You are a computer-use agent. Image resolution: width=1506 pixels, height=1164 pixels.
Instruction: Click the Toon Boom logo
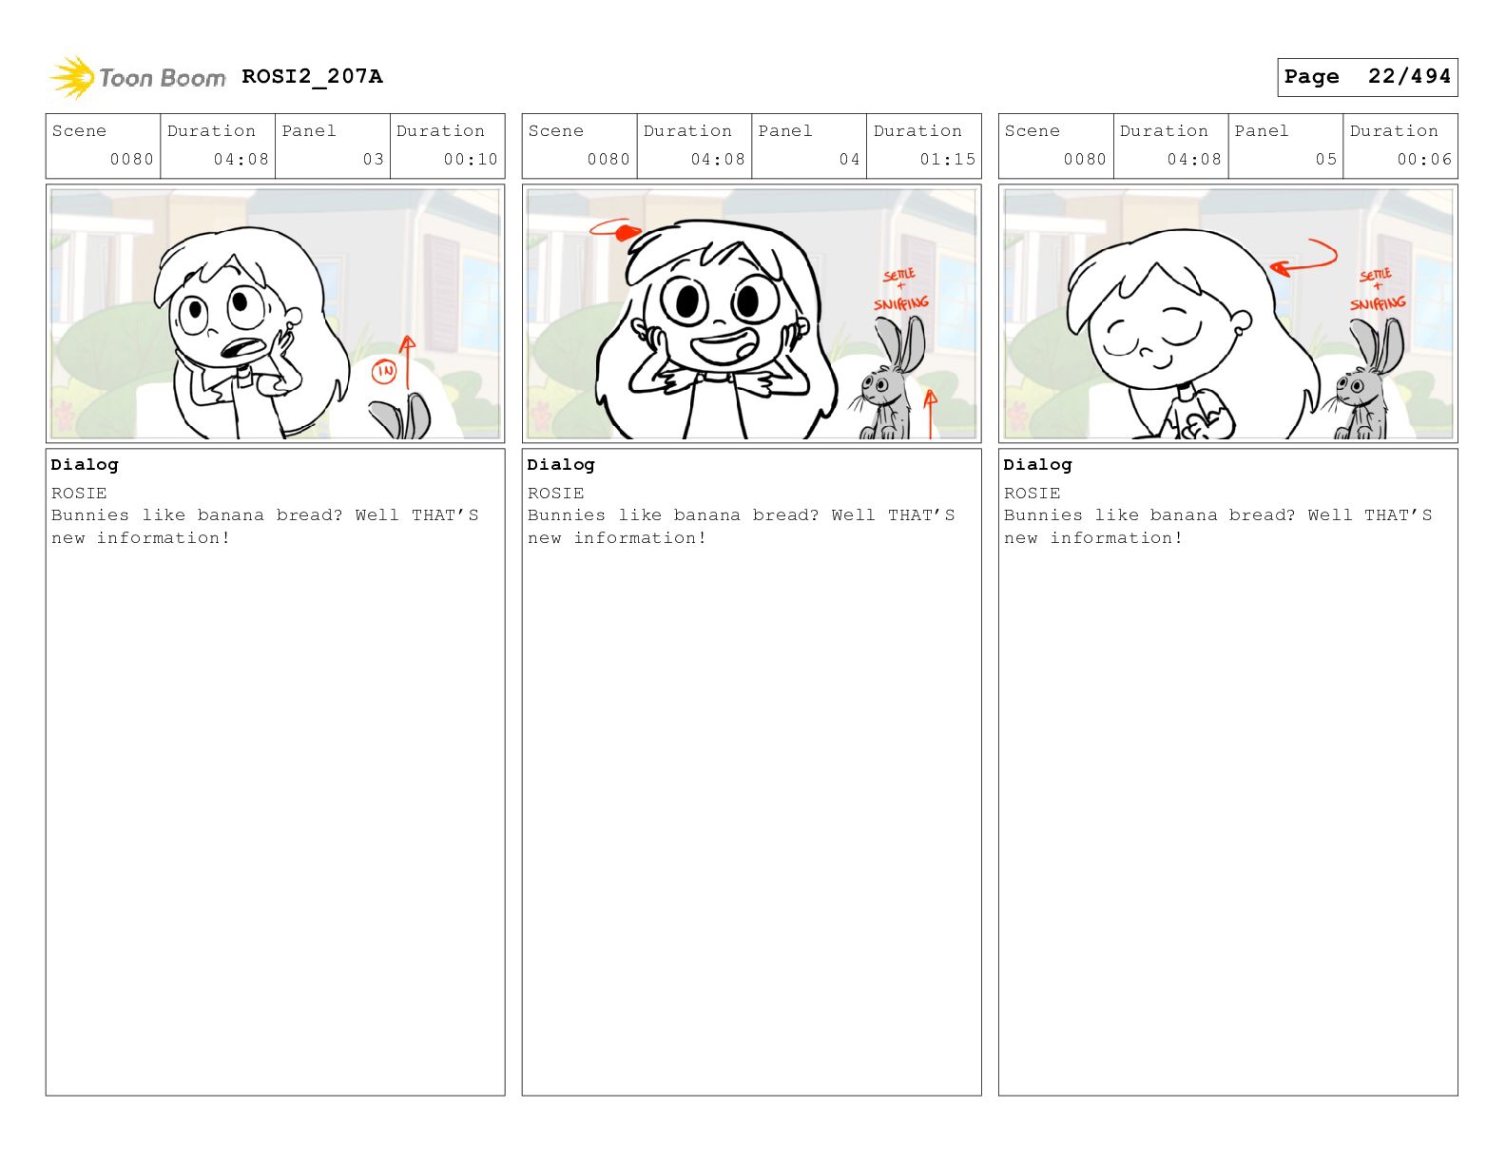tap(138, 77)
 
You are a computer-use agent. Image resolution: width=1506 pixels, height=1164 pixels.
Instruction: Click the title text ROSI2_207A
tap(313, 76)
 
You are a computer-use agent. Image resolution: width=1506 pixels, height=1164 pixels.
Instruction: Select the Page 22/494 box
tap(1366, 77)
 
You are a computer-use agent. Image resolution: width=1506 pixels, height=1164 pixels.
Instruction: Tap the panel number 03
tap(373, 160)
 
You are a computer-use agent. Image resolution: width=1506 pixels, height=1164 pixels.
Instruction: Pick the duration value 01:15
tap(947, 160)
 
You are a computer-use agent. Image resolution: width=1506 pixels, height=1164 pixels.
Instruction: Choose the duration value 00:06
tap(1424, 160)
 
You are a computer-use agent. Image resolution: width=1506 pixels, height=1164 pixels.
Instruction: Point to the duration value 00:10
tap(471, 160)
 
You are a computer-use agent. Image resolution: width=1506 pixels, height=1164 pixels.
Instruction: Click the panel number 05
tap(1325, 160)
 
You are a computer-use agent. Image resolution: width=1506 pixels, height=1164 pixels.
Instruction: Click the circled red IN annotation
tap(383, 372)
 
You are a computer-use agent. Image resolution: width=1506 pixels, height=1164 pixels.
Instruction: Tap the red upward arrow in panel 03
tap(408, 362)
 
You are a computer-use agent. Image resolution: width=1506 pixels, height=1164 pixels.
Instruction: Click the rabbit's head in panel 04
tap(878, 386)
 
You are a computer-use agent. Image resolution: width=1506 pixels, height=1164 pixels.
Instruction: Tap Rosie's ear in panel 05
tap(1241, 322)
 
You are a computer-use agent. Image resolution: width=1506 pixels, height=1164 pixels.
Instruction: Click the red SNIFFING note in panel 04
tap(901, 303)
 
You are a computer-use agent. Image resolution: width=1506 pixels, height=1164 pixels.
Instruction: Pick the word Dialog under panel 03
tap(85, 464)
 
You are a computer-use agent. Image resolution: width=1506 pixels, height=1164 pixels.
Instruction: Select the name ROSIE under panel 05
tap(1032, 493)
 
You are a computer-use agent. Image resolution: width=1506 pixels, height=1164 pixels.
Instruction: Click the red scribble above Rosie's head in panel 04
tap(615, 229)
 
